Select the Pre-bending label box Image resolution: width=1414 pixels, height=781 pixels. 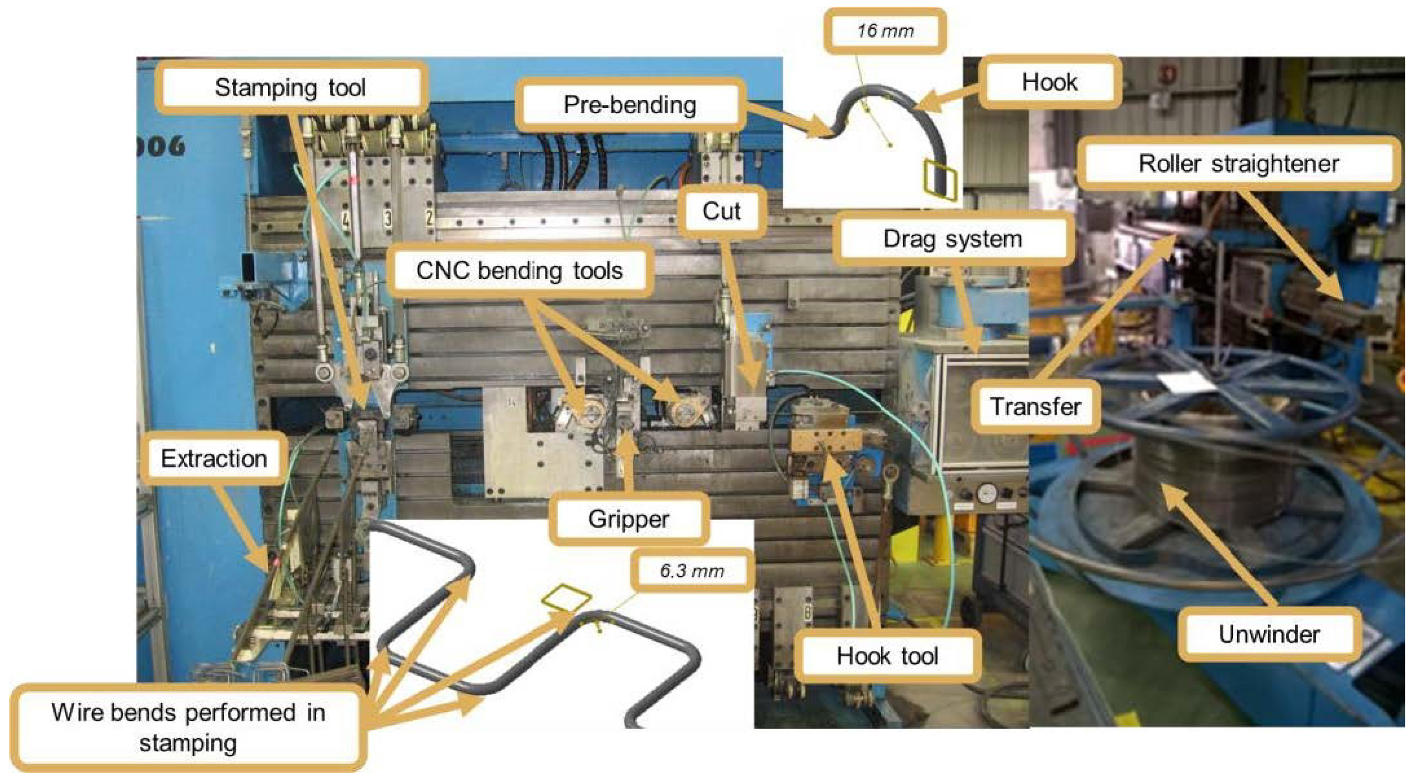coord(630,105)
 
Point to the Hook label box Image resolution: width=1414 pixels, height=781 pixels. coord(1049,82)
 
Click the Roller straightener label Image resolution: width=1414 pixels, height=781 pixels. coord(1238,164)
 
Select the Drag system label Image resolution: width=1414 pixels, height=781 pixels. coord(953,239)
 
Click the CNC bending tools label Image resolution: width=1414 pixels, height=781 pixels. coord(519,271)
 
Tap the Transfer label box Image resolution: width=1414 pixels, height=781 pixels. coord(1035,407)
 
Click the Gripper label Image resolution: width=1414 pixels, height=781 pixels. coord(628,519)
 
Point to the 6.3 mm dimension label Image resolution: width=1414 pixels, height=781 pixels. coord(692,571)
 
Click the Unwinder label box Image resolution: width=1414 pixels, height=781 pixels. coord(1268,635)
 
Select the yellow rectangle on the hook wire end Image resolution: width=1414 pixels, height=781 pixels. coord(940,179)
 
